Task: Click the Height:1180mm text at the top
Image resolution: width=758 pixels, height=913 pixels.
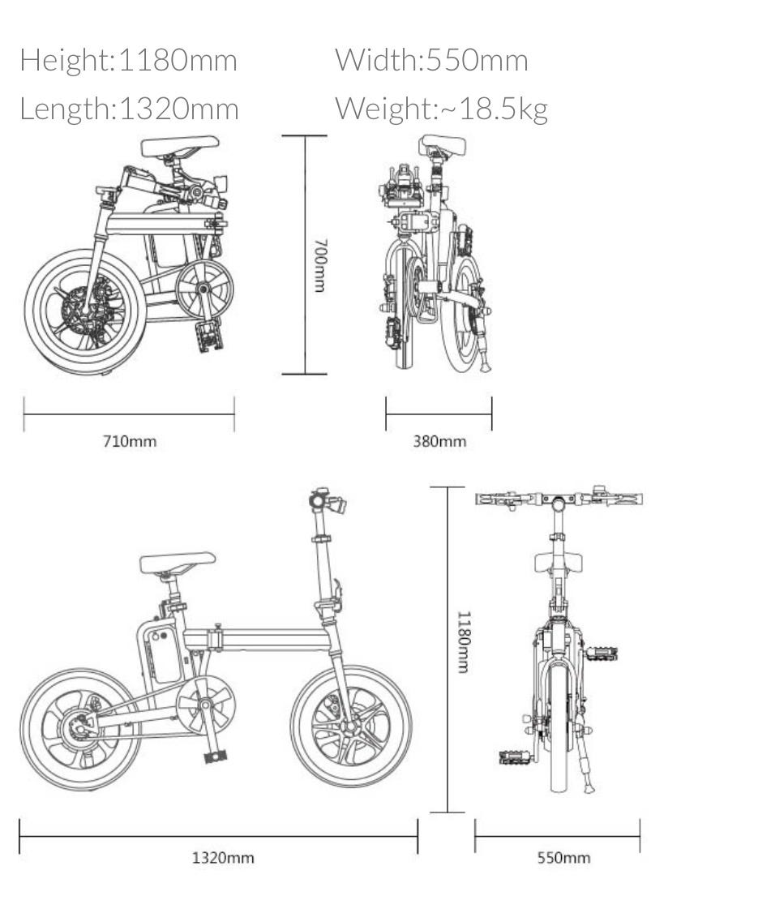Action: coord(129,60)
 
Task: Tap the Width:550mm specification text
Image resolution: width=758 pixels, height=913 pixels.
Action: coord(431,60)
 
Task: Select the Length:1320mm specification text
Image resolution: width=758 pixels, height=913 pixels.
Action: coord(129,109)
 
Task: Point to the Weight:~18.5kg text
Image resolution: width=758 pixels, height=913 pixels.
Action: coord(441,109)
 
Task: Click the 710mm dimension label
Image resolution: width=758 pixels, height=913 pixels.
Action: coord(130,441)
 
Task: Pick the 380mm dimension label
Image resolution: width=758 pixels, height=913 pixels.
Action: coord(439,441)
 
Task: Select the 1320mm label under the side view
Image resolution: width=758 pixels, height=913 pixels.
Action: coord(223,858)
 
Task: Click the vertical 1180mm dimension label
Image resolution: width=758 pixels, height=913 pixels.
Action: coord(464,642)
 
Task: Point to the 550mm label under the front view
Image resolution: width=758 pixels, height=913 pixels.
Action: coord(563,858)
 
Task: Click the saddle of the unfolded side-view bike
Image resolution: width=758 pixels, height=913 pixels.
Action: coord(178,562)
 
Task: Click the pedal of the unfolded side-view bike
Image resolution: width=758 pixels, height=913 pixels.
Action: coord(216,757)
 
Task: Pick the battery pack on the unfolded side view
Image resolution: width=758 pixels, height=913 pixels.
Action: coord(165,656)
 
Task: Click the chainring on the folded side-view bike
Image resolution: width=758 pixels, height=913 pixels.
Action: coord(204,289)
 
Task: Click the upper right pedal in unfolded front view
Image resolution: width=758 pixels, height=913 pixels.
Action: coord(600,654)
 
